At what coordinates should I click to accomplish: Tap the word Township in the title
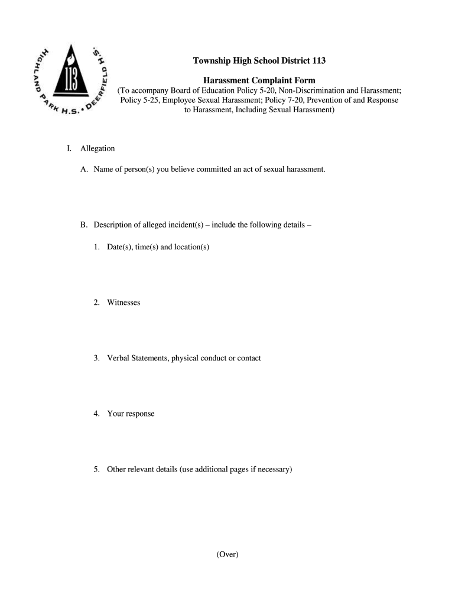coord(214,61)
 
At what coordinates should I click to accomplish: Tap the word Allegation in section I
coord(97,148)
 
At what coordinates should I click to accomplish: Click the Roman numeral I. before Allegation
coord(69,148)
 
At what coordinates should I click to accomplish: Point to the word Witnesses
coord(123,302)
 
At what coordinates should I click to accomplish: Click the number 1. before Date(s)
coord(96,246)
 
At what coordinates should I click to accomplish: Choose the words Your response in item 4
coord(131,414)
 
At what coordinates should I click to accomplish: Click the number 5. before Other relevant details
coord(96,469)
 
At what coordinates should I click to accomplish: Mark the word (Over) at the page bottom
coord(227,554)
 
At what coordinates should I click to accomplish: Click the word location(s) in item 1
coord(191,246)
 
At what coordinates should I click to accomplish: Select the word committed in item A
coord(211,170)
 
